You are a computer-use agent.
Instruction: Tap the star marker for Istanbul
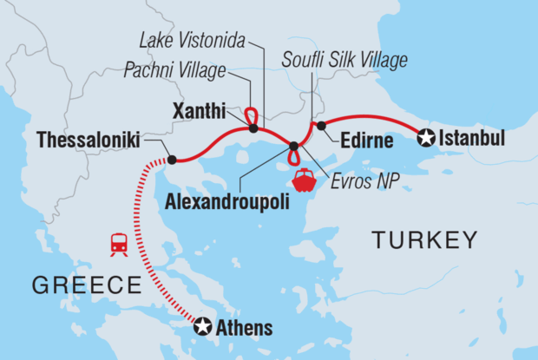(x=425, y=136)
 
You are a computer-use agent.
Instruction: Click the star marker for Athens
(x=202, y=327)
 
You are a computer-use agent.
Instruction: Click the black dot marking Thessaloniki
(x=172, y=160)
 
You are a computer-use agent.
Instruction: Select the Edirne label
(x=358, y=140)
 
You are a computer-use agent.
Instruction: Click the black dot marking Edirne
(x=321, y=127)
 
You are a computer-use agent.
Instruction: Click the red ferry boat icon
(x=305, y=180)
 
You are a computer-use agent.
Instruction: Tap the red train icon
(x=119, y=244)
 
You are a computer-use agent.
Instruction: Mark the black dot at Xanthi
(x=253, y=129)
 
